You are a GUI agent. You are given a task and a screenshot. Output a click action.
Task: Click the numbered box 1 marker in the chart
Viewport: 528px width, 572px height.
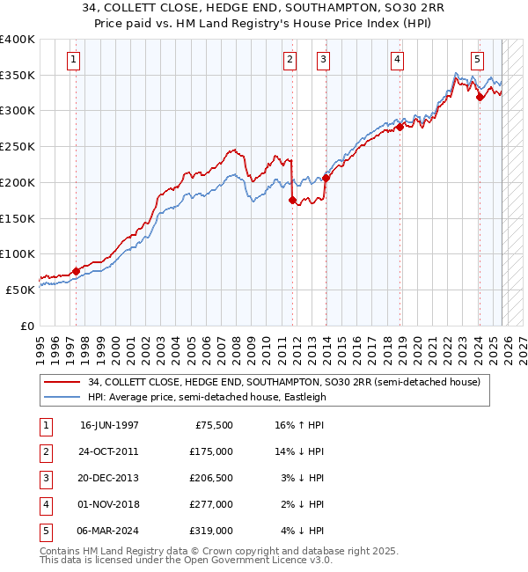[72, 60]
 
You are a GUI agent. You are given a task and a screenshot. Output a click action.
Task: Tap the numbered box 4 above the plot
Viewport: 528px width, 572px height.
[398, 60]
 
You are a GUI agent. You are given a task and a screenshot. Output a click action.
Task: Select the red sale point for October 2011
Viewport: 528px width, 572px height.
[292, 200]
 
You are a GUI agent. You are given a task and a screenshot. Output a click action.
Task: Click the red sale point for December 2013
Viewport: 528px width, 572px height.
[326, 178]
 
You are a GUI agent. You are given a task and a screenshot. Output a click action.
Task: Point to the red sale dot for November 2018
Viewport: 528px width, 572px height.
[400, 127]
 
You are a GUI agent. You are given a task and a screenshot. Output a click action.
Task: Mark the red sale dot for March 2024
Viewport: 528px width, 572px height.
[480, 97]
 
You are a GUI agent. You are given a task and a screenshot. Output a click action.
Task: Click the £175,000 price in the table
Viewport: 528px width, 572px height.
[212, 451]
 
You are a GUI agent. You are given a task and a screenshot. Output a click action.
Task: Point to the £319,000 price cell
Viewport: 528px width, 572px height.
[212, 530]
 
